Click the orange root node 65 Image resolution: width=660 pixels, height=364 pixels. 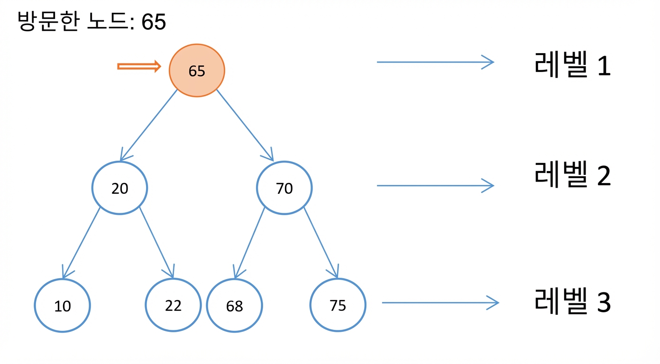click(x=197, y=71)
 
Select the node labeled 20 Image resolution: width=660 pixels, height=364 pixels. click(x=119, y=188)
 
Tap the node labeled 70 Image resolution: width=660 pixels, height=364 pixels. click(x=284, y=188)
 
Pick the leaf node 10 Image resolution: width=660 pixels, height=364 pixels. click(x=63, y=305)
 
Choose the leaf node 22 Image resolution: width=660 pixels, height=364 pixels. click(x=173, y=305)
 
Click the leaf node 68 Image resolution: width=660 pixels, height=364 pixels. click(x=235, y=305)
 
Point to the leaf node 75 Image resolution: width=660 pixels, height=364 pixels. click(x=338, y=305)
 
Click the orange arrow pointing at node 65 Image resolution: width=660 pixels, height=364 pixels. click(x=139, y=66)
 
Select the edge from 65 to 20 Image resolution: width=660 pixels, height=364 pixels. click(x=149, y=125)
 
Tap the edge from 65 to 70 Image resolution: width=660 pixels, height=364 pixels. click(x=245, y=125)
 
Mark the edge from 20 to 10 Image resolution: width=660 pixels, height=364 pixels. click(x=81, y=243)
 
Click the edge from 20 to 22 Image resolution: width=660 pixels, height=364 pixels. click(x=157, y=242)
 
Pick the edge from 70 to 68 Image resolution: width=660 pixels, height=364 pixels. click(x=249, y=243)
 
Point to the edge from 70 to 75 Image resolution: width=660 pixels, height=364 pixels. click(x=321, y=242)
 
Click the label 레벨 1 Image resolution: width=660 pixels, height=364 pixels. click(x=572, y=64)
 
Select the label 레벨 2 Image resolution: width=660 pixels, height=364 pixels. click(x=572, y=174)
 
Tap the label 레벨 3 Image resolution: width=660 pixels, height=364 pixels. click(x=572, y=301)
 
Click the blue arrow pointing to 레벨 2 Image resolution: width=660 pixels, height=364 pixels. click(x=435, y=185)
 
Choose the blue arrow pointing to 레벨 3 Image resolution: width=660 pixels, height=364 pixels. click(x=440, y=302)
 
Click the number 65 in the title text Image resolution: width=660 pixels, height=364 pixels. click(x=154, y=22)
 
